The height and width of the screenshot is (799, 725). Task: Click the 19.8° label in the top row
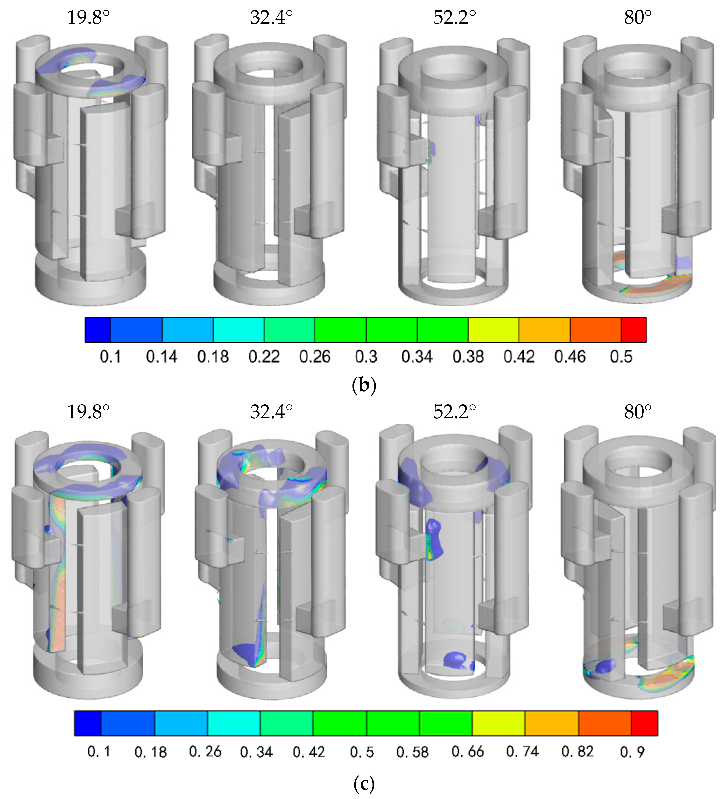pyautogui.click(x=88, y=17)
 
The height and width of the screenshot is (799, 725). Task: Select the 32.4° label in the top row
pyautogui.click(x=271, y=17)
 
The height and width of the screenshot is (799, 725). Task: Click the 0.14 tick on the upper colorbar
pyautogui.click(x=162, y=357)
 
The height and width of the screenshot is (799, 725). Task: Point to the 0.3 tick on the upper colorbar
pyautogui.click(x=366, y=357)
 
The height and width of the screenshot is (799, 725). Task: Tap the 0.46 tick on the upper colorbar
pyautogui.click(x=570, y=357)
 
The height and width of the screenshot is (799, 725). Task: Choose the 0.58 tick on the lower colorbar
pyautogui.click(x=412, y=752)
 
